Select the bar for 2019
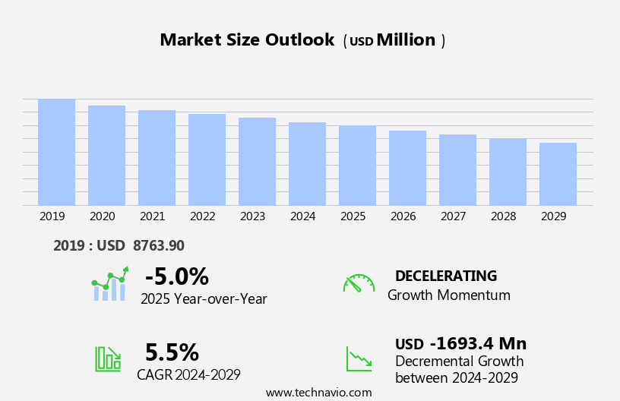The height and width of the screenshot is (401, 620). point(56,152)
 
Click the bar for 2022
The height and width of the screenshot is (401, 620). point(207,159)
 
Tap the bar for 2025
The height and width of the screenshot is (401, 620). point(357,165)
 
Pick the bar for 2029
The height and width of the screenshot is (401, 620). point(558,174)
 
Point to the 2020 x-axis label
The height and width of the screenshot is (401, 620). point(102,216)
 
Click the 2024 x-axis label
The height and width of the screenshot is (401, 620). point(302,216)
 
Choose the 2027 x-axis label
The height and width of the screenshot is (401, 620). point(453,216)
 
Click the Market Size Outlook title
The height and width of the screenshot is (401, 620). point(247,40)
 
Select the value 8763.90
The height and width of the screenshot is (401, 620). point(157,245)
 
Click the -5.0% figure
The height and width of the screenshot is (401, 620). point(176,276)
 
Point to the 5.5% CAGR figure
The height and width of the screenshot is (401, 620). point(172,352)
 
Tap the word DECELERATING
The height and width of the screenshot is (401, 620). point(446,276)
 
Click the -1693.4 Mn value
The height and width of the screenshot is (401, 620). point(478,343)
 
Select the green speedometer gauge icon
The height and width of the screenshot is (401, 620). point(359,284)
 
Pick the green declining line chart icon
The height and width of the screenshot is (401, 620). point(359,358)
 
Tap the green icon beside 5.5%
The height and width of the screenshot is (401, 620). point(108,358)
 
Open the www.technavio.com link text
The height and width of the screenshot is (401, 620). point(318,393)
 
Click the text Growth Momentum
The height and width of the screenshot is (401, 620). point(448,295)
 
